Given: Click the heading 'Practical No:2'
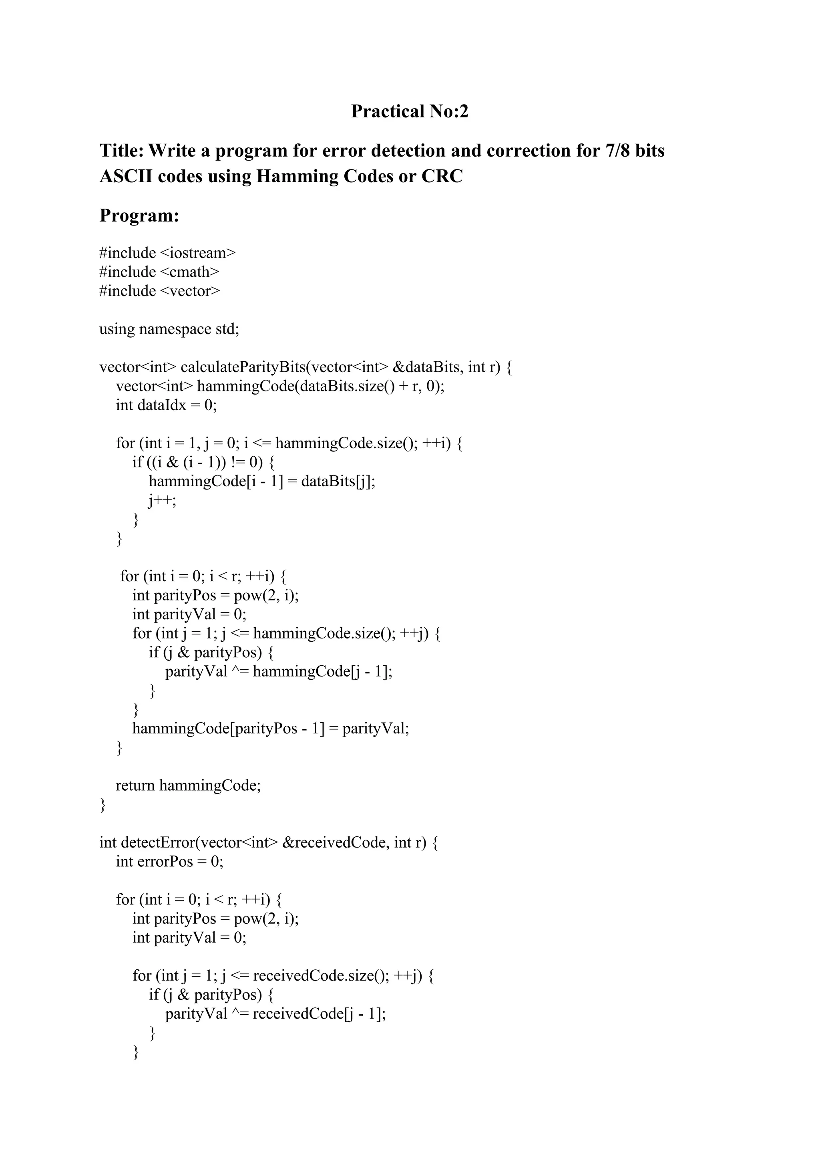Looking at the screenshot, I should (410, 111).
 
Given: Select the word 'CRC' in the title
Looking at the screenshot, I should (443, 176).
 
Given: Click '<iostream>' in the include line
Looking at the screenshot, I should (197, 253).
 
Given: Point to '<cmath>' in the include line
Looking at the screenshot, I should (189, 272).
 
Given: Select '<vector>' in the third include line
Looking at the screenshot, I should (190, 291).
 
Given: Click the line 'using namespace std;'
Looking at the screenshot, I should (169, 329).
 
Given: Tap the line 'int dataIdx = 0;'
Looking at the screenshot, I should (166, 405).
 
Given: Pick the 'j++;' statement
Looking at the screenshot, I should (162, 500).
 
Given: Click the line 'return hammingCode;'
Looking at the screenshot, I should (188, 785).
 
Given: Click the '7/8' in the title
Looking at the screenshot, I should (615, 151).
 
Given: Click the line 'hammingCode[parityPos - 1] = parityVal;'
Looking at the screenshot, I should (271, 728).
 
